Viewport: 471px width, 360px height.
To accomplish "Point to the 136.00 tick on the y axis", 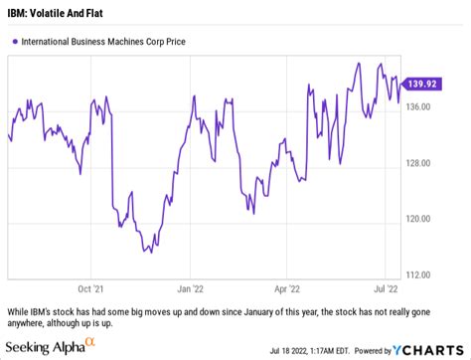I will point(420,107).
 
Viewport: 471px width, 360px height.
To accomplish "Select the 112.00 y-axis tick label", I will point(420,274).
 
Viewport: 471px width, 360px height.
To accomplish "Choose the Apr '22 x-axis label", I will point(287,289).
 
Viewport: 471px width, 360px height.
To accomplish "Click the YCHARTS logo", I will point(433,350).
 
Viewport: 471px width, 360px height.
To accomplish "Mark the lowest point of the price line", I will point(149,252).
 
